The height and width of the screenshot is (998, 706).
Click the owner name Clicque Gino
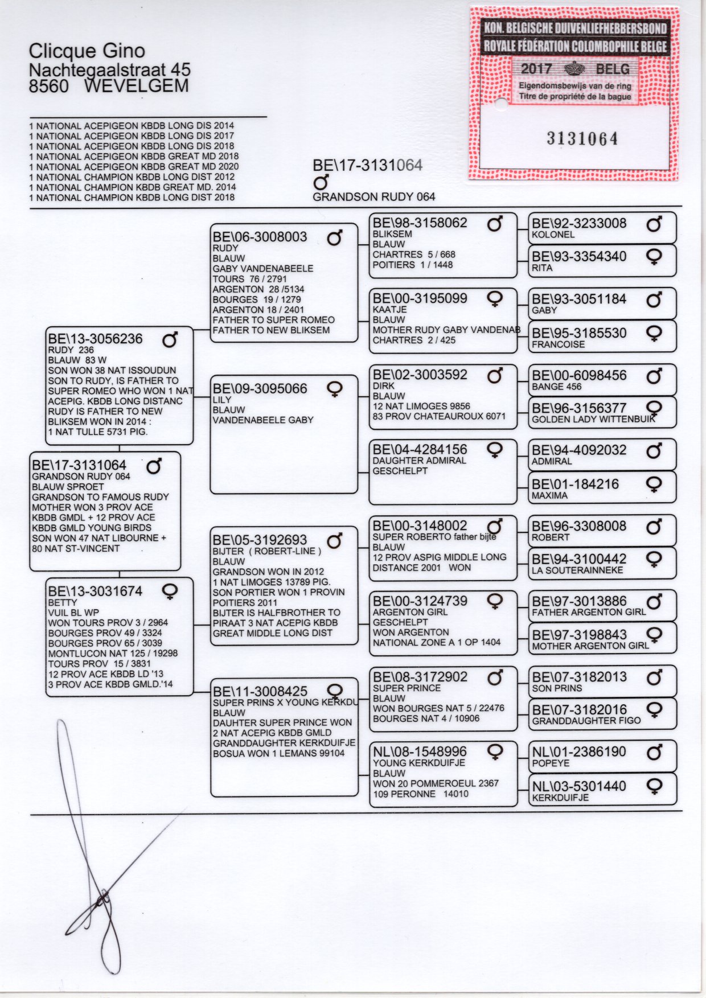[87, 51]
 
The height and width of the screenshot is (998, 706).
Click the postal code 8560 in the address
[49, 86]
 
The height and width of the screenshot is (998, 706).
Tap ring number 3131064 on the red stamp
[582, 138]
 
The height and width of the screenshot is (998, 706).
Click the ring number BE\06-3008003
[260, 237]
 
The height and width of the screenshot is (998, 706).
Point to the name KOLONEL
[553, 235]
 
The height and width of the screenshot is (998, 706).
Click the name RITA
[541, 268]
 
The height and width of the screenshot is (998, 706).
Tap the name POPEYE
[550, 763]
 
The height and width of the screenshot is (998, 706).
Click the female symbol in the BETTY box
[170, 592]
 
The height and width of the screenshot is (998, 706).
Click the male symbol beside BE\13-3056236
[170, 339]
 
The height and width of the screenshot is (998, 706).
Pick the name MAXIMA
[549, 495]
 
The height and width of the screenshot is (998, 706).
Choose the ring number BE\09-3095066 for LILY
[260, 389]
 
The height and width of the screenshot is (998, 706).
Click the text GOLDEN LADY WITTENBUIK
[593, 420]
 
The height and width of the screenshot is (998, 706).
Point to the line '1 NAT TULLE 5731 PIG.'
[98, 432]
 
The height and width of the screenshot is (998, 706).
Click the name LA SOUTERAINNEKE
[577, 570]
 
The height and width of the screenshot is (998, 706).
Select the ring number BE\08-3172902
[420, 677]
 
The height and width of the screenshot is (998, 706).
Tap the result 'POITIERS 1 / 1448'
[413, 265]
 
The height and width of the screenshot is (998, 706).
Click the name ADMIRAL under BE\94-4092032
[552, 461]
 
